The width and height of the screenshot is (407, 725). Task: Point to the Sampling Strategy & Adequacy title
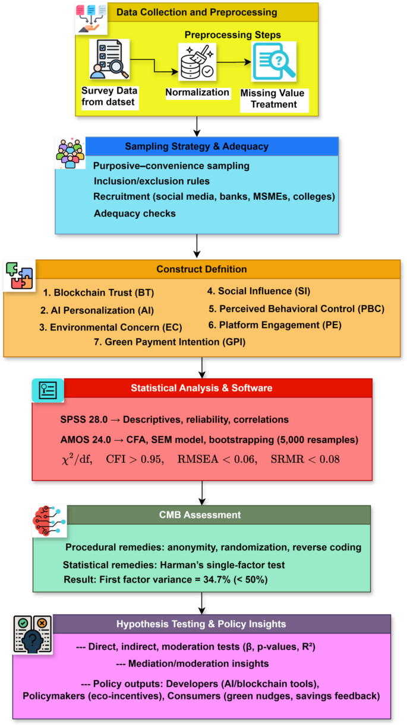[197, 147]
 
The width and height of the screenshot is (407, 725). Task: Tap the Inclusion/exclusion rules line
[151, 180]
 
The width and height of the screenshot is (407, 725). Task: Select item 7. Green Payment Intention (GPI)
[169, 341]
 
